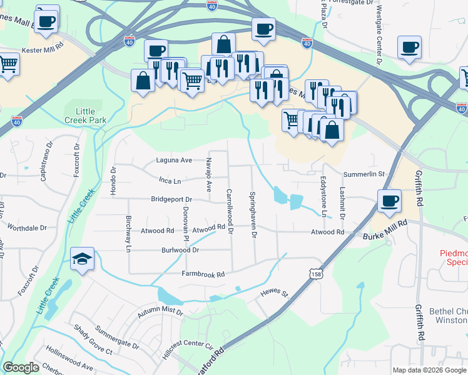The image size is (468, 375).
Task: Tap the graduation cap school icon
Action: pos(82,259)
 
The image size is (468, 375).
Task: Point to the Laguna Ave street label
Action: pos(173,160)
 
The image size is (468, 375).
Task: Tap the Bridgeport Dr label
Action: pos(171,199)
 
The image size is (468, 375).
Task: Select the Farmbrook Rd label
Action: pos(203,274)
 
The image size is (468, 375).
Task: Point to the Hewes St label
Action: pos(274,293)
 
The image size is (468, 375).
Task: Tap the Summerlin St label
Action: pos(362,174)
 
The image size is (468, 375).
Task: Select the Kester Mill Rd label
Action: pos(43,48)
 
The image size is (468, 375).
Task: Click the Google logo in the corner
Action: pos(21,367)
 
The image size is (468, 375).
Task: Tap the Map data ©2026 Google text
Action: pos(429,370)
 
